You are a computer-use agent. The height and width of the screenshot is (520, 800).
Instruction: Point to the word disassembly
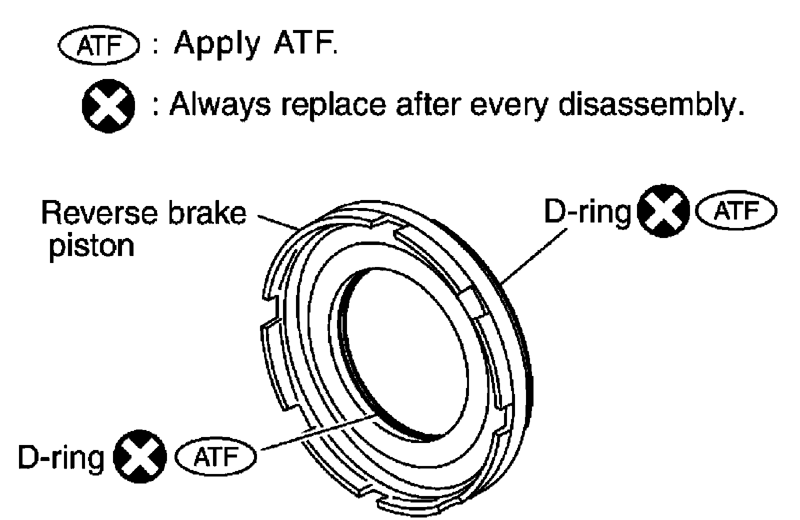[x=646, y=105]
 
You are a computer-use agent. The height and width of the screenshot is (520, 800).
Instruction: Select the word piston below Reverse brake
[x=92, y=246]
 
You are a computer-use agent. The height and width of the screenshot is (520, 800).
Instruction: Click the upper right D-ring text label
[x=587, y=212]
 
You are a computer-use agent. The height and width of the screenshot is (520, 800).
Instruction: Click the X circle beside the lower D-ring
[x=139, y=456]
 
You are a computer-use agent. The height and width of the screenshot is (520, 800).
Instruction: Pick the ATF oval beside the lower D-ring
[x=215, y=456]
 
